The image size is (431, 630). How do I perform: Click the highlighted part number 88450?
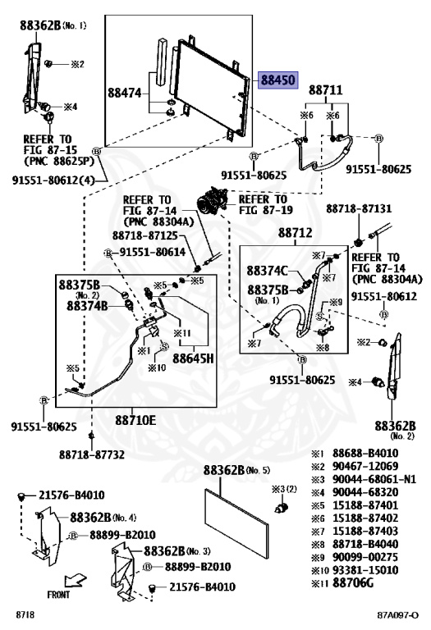point(278,80)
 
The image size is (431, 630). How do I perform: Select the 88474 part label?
point(125,94)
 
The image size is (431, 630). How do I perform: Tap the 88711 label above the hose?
point(325,90)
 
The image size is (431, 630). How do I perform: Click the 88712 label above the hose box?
point(295,233)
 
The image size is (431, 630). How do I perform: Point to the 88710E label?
point(135,420)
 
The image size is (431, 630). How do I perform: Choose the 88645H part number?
point(193,358)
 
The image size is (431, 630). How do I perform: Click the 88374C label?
point(268,271)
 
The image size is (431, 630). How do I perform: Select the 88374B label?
point(87,306)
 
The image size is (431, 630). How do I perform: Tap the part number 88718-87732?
point(92,454)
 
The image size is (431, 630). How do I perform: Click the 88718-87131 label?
point(359,208)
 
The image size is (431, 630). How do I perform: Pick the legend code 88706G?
point(353,582)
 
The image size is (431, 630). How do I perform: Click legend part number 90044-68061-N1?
point(374,479)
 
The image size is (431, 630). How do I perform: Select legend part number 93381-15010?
point(365,570)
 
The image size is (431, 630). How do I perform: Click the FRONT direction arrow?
point(75,580)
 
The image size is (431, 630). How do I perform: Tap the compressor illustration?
point(213,199)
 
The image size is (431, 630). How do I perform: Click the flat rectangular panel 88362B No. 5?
point(236,523)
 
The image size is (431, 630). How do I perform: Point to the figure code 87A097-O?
point(397,615)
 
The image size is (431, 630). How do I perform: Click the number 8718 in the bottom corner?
point(25,614)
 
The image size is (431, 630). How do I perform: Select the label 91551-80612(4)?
point(53,180)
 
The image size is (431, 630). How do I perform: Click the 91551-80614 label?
point(153,253)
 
